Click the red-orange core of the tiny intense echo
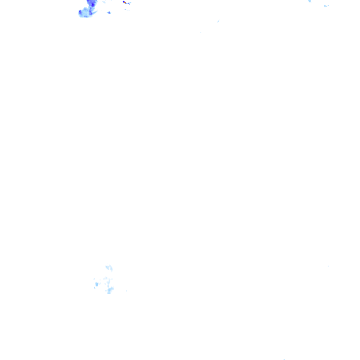pyautogui.click(x=124, y=2)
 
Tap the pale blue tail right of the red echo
pyautogui.click(x=129, y=3)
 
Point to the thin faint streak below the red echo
pyautogui.click(x=127, y=10)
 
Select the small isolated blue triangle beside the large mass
pyautogui.click(x=109, y=13)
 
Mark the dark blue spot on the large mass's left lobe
pyautogui.click(x=81, y=14)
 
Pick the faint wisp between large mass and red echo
pyautogui.click(x=104, y=2)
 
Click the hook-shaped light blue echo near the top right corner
pyautogui.click(x=326, y=6)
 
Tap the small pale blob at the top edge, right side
pyautogui.click(x=310, y=1)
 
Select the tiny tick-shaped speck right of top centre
pyautogui.click(x=218, y=21)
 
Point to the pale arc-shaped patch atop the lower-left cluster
pyautogui.click(x=109, y=268)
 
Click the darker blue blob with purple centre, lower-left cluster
pyautogui.click(x=97, y=284)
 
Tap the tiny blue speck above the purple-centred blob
pyautogui.click(x=94, y=279)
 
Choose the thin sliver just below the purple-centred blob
pyautogui.click(x=95, y=288)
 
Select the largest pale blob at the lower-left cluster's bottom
pyautogui.click(x=110, y=290)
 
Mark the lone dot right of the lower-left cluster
pyautogui.click(x=127, y=291)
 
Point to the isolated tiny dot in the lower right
pyautogui.click(x=328, y=266)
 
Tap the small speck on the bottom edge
pyautogui.click(x=284, y=359)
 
